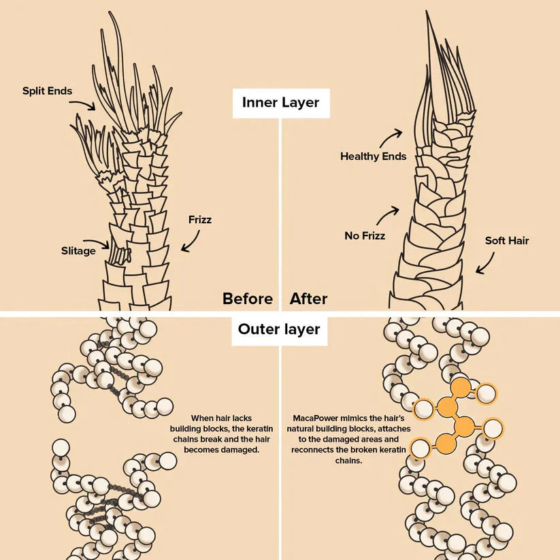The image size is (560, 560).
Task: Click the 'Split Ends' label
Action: click(x=47, y=90)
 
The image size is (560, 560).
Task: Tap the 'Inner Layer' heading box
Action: click(x=280, y=103)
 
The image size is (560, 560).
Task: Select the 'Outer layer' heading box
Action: click(x=279, y=330)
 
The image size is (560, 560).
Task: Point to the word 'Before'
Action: click(x=248, y=299)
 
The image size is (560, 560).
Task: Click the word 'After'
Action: click(x=308, y=299)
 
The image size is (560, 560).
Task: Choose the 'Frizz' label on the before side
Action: click(x=200, y=220)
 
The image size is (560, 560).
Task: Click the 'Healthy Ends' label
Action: click(x=373, y=157)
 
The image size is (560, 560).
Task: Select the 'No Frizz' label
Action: click(x=365, y=236)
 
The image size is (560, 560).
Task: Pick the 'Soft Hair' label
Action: click(x=506, y=241)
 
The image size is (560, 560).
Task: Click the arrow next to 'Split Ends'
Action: click(x=84, y=103)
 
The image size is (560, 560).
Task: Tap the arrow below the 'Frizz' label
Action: click(x=191, y=239)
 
